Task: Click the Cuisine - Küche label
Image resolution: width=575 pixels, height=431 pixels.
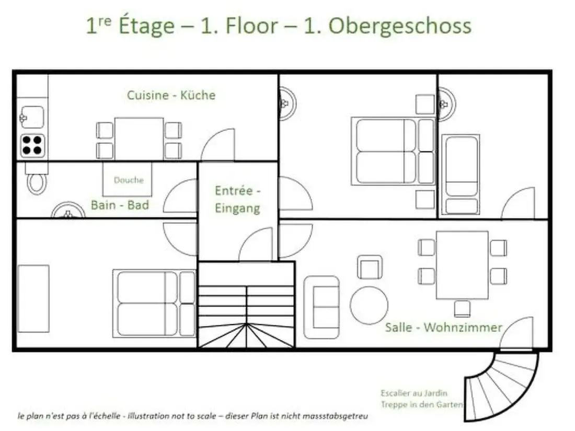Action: pyautogui.click(x=171, y=95)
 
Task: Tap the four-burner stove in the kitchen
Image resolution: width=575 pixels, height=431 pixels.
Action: pyautogui.click(x=32, y=146)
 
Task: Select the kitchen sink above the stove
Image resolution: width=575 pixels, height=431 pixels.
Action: pyautogui.click(x=32, y=117)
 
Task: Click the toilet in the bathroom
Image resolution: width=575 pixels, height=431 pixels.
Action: pyautogui.click(x=36, y=180)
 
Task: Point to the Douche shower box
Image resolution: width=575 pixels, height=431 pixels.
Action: pyautogui.click(x=127, y=179)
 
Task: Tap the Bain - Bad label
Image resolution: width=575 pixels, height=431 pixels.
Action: pyautogui.click(x=120, y=205)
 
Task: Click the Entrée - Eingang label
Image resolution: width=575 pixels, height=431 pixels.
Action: pyautogui.click(x=238, y=200)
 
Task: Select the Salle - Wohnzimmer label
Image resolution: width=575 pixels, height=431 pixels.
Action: pyautogui.click(x=443, y=327)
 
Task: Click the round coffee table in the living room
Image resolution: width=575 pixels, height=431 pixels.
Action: pyautogui.click(x=369, y=305)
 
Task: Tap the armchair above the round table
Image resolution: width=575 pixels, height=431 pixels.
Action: pyautogui.click(x=370, y=267)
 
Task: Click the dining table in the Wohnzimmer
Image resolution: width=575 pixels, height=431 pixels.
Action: pyautogui.click(x=462, y=265)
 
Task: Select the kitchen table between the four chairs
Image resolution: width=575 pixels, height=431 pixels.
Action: pyautogui.click(x=139, y=139)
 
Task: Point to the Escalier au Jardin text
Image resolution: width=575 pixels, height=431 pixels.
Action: pyautogui.click(x=413, y=393)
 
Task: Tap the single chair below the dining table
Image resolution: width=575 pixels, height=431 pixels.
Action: pyautogui.click(x=462, y=309)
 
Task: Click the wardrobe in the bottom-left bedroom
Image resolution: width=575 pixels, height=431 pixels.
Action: pyautogui.click(x=33, y=299)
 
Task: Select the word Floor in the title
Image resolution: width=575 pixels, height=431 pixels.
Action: pyautogui.click(x=251, y=26)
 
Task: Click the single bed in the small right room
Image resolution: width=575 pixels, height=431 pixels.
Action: pyautogui.click(x=461, y=174)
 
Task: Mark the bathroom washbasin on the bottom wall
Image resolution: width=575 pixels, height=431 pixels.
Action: pyautogui.click(x=68, y=211)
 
